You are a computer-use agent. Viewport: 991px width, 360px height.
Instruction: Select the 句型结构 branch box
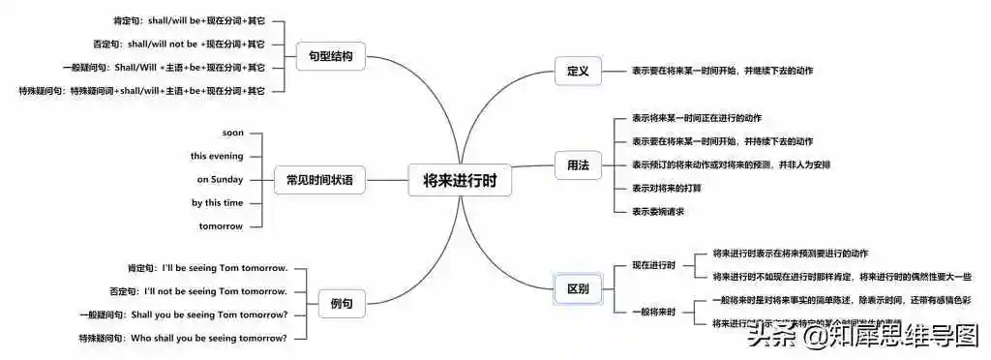click(x=325, y=56)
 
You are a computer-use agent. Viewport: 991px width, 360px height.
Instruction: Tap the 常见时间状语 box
click(x=319, y=180)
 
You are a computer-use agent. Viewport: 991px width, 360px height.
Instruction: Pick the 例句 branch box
click(x=341, y=304)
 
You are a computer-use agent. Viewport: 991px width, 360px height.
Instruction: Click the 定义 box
click(x=578, y=70)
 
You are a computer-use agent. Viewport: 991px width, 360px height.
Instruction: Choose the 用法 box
click(x=578, y=165)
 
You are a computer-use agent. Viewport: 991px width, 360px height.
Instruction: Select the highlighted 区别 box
click(x=578, y=288)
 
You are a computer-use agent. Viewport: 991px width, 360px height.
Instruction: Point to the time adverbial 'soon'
click(x=232, y=133)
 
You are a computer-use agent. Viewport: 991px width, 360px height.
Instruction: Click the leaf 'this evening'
click(x=217, y=156)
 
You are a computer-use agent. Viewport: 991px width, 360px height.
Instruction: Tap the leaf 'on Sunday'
click(x=220, y=179)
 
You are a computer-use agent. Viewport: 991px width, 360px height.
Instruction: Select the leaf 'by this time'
click(x=217, y=202)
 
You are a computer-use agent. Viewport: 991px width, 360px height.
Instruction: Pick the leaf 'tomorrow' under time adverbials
click(x=221, y=225)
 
